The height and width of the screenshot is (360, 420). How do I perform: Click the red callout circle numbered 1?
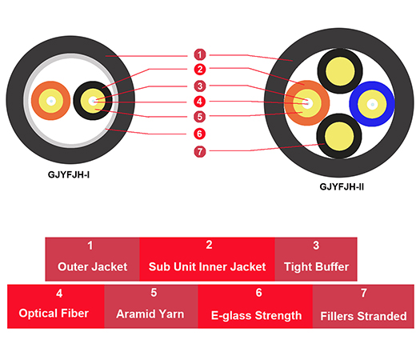[x=200, y=54]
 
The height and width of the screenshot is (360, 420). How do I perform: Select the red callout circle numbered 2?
[x=200, y=70]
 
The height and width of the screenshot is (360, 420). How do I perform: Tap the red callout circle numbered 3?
[x=200, y=86]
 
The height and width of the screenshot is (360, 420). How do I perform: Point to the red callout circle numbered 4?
[x=200, y=102]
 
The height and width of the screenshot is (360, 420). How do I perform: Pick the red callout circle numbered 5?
[x=200, y=117]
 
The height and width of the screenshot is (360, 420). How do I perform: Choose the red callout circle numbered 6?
[x=200, y=134]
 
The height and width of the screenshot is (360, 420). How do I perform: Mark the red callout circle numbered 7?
[x=200, y=150]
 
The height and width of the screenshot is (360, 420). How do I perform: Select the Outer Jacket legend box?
[x=91, y=258]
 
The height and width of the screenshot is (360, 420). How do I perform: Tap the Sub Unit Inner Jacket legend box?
[x=207, y=258]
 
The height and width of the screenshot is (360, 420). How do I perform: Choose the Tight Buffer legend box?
[x=316, y=258]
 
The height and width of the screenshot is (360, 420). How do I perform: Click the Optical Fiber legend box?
[x=54, y=306]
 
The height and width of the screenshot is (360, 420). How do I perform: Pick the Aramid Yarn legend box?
[x=150, y=306]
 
